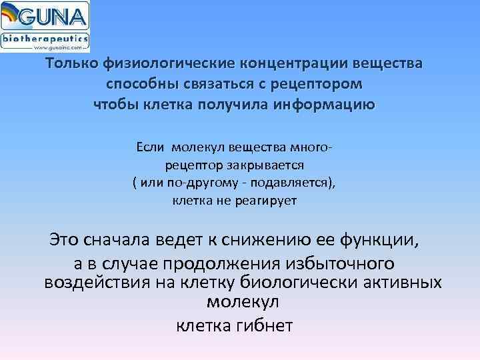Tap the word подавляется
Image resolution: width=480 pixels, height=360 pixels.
click(293, 182)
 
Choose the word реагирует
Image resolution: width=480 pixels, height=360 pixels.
click(271, 200)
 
